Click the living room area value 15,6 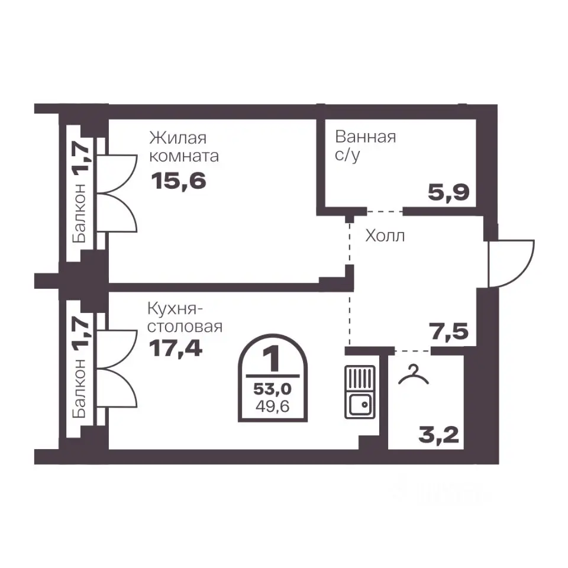[x=179, y=181]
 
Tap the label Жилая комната [x=184, y=147]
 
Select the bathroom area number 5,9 [x=448, y=192]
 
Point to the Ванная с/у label [x=365, y=146]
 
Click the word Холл [x=385, y=236]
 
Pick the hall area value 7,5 [x=448, y=331]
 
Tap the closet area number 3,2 [x=438, y=435]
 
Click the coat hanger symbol [x=414, y=375]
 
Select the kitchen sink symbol [x=360, y=392]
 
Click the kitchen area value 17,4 [x=176, y=348]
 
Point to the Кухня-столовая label [x=185, y=318]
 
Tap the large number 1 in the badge [x=272, y=359]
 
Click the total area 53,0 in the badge [x=272, y=389]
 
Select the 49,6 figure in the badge [x=272, y=406]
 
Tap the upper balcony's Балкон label [x=79, y=213]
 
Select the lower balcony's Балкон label [x=79, y=388]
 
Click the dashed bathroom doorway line [x=385, y=211]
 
